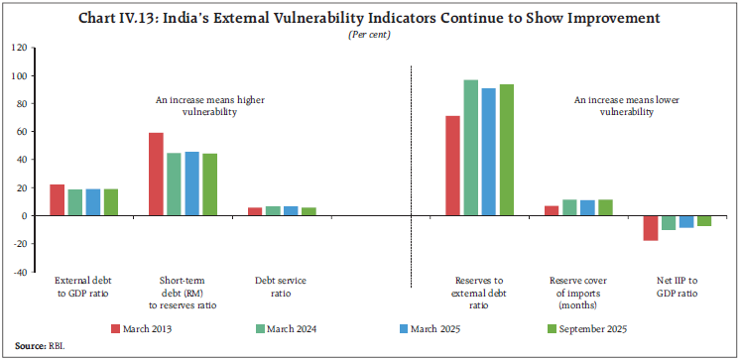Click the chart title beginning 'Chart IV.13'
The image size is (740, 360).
coord(369,19)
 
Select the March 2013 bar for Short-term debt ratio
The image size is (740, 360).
coord(155,174)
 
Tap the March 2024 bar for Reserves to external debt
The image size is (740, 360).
coord(470,148)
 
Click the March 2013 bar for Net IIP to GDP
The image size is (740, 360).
coord(651,228)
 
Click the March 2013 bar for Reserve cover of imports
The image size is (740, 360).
coord(553,210)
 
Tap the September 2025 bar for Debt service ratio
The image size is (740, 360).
coord(308,211)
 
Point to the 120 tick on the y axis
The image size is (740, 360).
coord(18,48)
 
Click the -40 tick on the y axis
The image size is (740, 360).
coord(18,272)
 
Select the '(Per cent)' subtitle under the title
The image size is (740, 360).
coord(369,36)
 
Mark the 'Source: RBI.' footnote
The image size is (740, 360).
coord(30,347)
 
